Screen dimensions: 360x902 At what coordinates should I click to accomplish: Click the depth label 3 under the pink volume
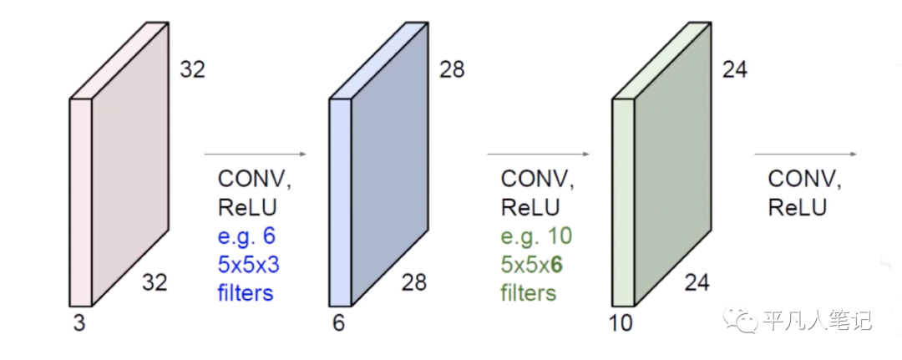[x=79, y=323]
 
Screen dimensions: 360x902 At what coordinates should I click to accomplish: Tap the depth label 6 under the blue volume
[x=338, y=323]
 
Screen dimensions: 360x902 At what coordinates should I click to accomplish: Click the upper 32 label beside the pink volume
[x=192, y=69]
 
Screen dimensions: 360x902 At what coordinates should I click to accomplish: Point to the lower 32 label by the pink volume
[x=155, y=282]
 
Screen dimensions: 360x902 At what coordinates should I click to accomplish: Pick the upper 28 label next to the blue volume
[x=452, y=69]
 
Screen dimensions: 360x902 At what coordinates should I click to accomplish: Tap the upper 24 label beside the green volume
[x=734, y=69]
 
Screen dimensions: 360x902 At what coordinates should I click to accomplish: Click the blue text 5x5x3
[x=248, y=265]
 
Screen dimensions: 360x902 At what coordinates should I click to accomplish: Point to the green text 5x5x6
[x=532, y=265]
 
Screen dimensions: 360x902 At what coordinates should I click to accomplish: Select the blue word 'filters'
[x=245, y=293]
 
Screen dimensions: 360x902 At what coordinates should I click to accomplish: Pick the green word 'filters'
[x=528, y=293]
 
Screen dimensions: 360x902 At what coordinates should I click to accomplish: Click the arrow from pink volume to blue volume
[x=256, y=155]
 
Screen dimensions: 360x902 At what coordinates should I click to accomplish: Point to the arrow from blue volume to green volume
[x=539, y=155]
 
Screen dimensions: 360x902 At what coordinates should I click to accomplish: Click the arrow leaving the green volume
[x=806, y=155]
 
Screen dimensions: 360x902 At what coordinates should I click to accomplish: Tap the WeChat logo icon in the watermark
[x=739, y=319]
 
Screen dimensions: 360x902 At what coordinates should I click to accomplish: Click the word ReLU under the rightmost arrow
[x=797, y=207]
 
